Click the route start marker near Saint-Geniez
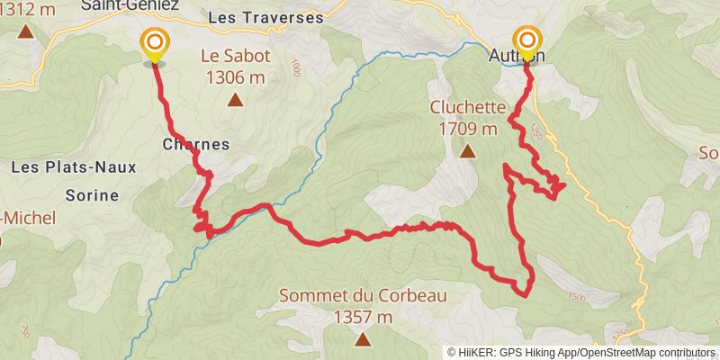click(155, 43)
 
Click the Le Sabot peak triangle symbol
click(236, 100)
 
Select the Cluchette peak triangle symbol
click(467, 152)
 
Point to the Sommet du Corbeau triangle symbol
click(363, 339)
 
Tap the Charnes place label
click(196, 144)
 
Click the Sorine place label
click(93, 194)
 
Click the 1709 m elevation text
click(468, 129)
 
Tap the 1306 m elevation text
click(236, 77)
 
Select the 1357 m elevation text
click(363, 317)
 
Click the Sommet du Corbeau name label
click(363, 295)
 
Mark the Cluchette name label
click(467, 107)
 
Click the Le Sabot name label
click(236, 56)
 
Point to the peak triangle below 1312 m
click(24, 32)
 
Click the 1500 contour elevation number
click(577, 298)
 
